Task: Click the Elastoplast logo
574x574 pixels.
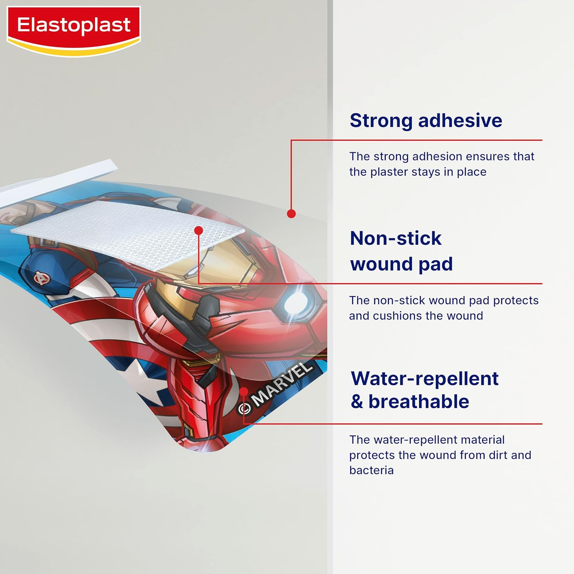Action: click(73, 26)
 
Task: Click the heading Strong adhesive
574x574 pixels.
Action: click(426, 121)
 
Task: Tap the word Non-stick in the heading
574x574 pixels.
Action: click(395, 238)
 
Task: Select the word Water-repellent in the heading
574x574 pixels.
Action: click(424, 378)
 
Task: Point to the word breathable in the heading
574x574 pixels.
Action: click(418, 401)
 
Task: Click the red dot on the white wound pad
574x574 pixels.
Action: click(198, 230)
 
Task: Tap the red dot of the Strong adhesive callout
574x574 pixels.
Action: click(291, 214)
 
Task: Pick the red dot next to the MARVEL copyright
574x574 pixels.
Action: click(244, 391)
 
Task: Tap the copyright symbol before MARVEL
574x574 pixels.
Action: click(245, 409)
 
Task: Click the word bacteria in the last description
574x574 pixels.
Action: click(371, 470)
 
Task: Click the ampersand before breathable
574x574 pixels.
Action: click(357, 402)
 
